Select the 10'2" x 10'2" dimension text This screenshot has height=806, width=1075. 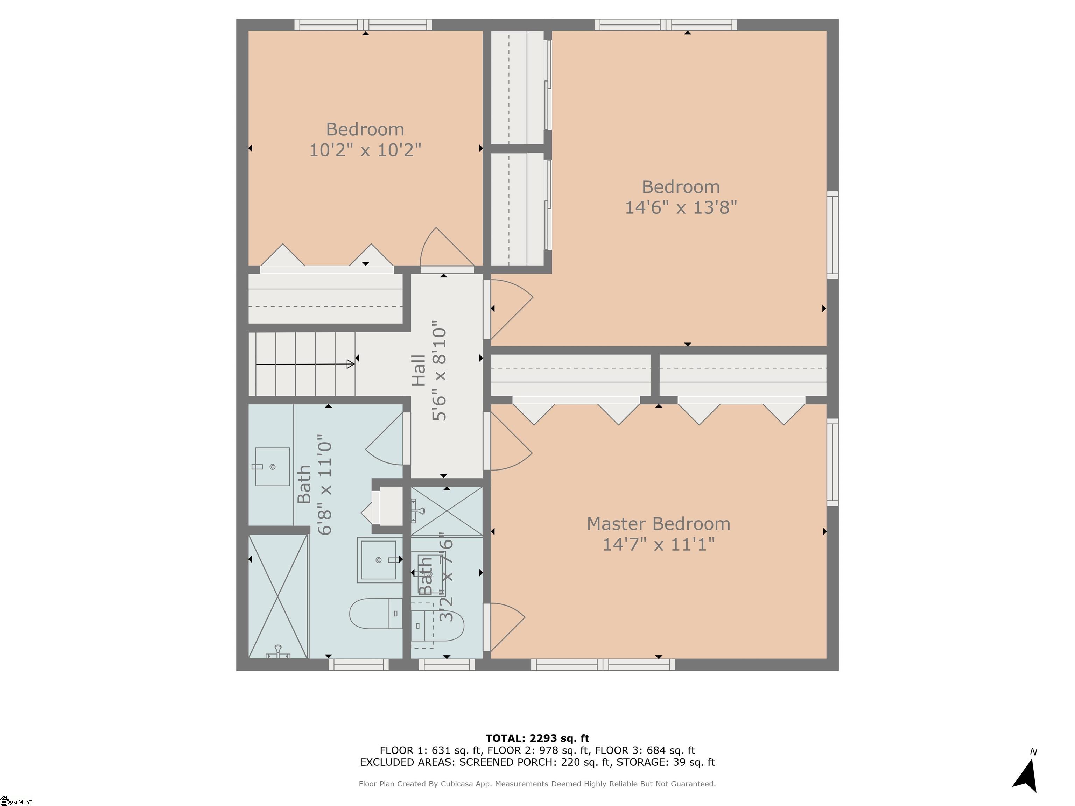tap(365, 150)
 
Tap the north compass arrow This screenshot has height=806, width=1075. tap(1026, 776)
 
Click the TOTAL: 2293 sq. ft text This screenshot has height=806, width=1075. tap(537, 738)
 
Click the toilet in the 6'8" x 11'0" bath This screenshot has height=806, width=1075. tap(375, 614)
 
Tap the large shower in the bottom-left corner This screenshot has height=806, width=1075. tap(278, 596)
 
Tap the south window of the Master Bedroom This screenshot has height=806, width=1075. tap(603, 664)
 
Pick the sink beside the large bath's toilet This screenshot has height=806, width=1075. tap(379, 560)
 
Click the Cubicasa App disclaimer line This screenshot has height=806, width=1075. tap(537, 784)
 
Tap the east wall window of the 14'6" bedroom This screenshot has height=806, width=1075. tap(832, 235)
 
